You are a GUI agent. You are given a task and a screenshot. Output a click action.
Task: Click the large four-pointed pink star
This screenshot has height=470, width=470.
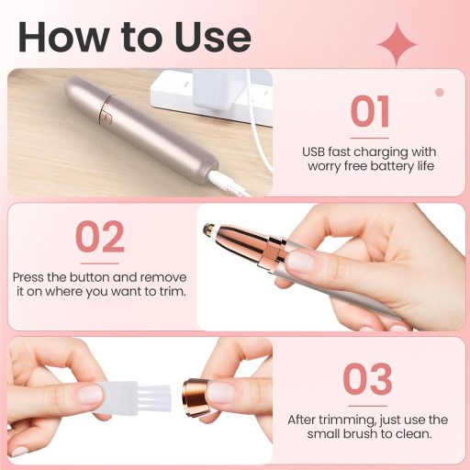(397, 43)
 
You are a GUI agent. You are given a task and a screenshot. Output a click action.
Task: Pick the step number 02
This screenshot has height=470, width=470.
(99, 237)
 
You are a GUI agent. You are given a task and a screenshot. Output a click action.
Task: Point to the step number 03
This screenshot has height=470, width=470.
(368, 377)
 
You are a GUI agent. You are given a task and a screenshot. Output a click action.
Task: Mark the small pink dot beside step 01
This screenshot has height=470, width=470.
(439, 92)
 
